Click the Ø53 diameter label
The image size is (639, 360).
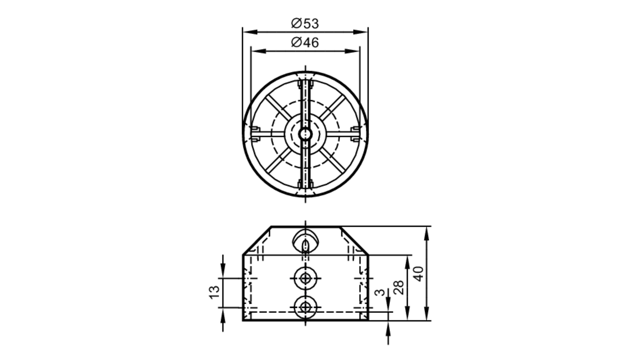click(305, 24)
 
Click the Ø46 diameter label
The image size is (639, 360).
click(305, 42)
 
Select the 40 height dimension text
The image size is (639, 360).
click(419, 273)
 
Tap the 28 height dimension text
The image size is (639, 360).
click(399, 287)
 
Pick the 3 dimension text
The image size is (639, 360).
click(380, 293)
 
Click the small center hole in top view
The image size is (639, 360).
click(305, 134)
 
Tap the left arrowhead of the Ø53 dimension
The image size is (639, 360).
click(249, 32)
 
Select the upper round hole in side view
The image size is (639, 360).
click(305, 278)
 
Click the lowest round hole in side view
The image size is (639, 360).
click(305, 307)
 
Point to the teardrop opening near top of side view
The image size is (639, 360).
click(305, 241)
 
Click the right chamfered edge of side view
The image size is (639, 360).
click(354, 240)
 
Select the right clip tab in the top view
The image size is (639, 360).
click(356, 134)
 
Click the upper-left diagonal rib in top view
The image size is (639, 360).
click(278, 107)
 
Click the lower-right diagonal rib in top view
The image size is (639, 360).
click(333, 162)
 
